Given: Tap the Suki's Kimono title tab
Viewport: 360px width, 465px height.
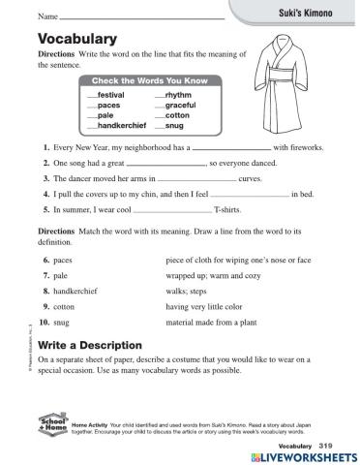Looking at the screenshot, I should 308,11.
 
